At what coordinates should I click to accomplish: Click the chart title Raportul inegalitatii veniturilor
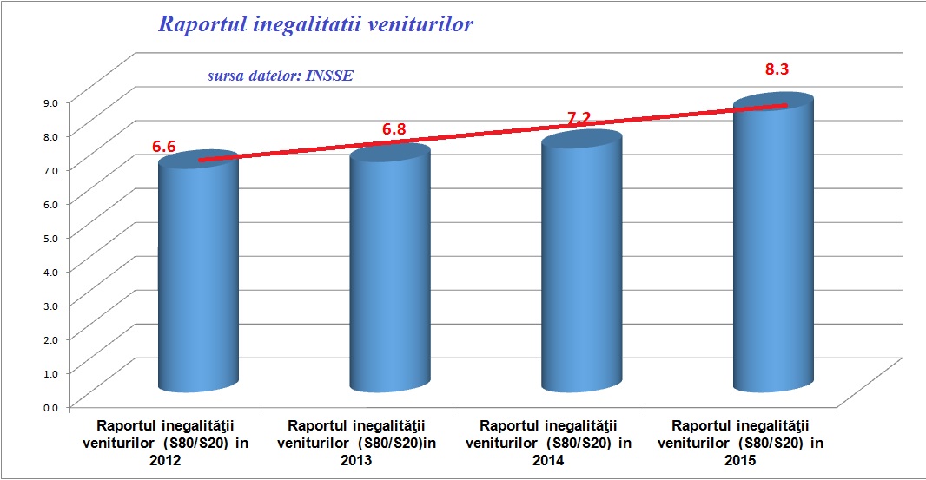tap(315, 24)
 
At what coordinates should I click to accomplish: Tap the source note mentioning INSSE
tap(280, 76)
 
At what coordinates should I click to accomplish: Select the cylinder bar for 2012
tap(199, 278)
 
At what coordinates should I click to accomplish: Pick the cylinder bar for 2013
tap(390, 273)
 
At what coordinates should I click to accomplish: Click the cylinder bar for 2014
tap(582, 265)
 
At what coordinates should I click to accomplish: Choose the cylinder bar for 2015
tap(774, 247)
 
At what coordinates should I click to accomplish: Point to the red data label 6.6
tap(164, 147)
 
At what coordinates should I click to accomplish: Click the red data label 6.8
tap(394, 129)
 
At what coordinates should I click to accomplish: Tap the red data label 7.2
tap(579, 116)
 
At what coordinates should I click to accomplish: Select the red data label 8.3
tap(777, 69)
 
